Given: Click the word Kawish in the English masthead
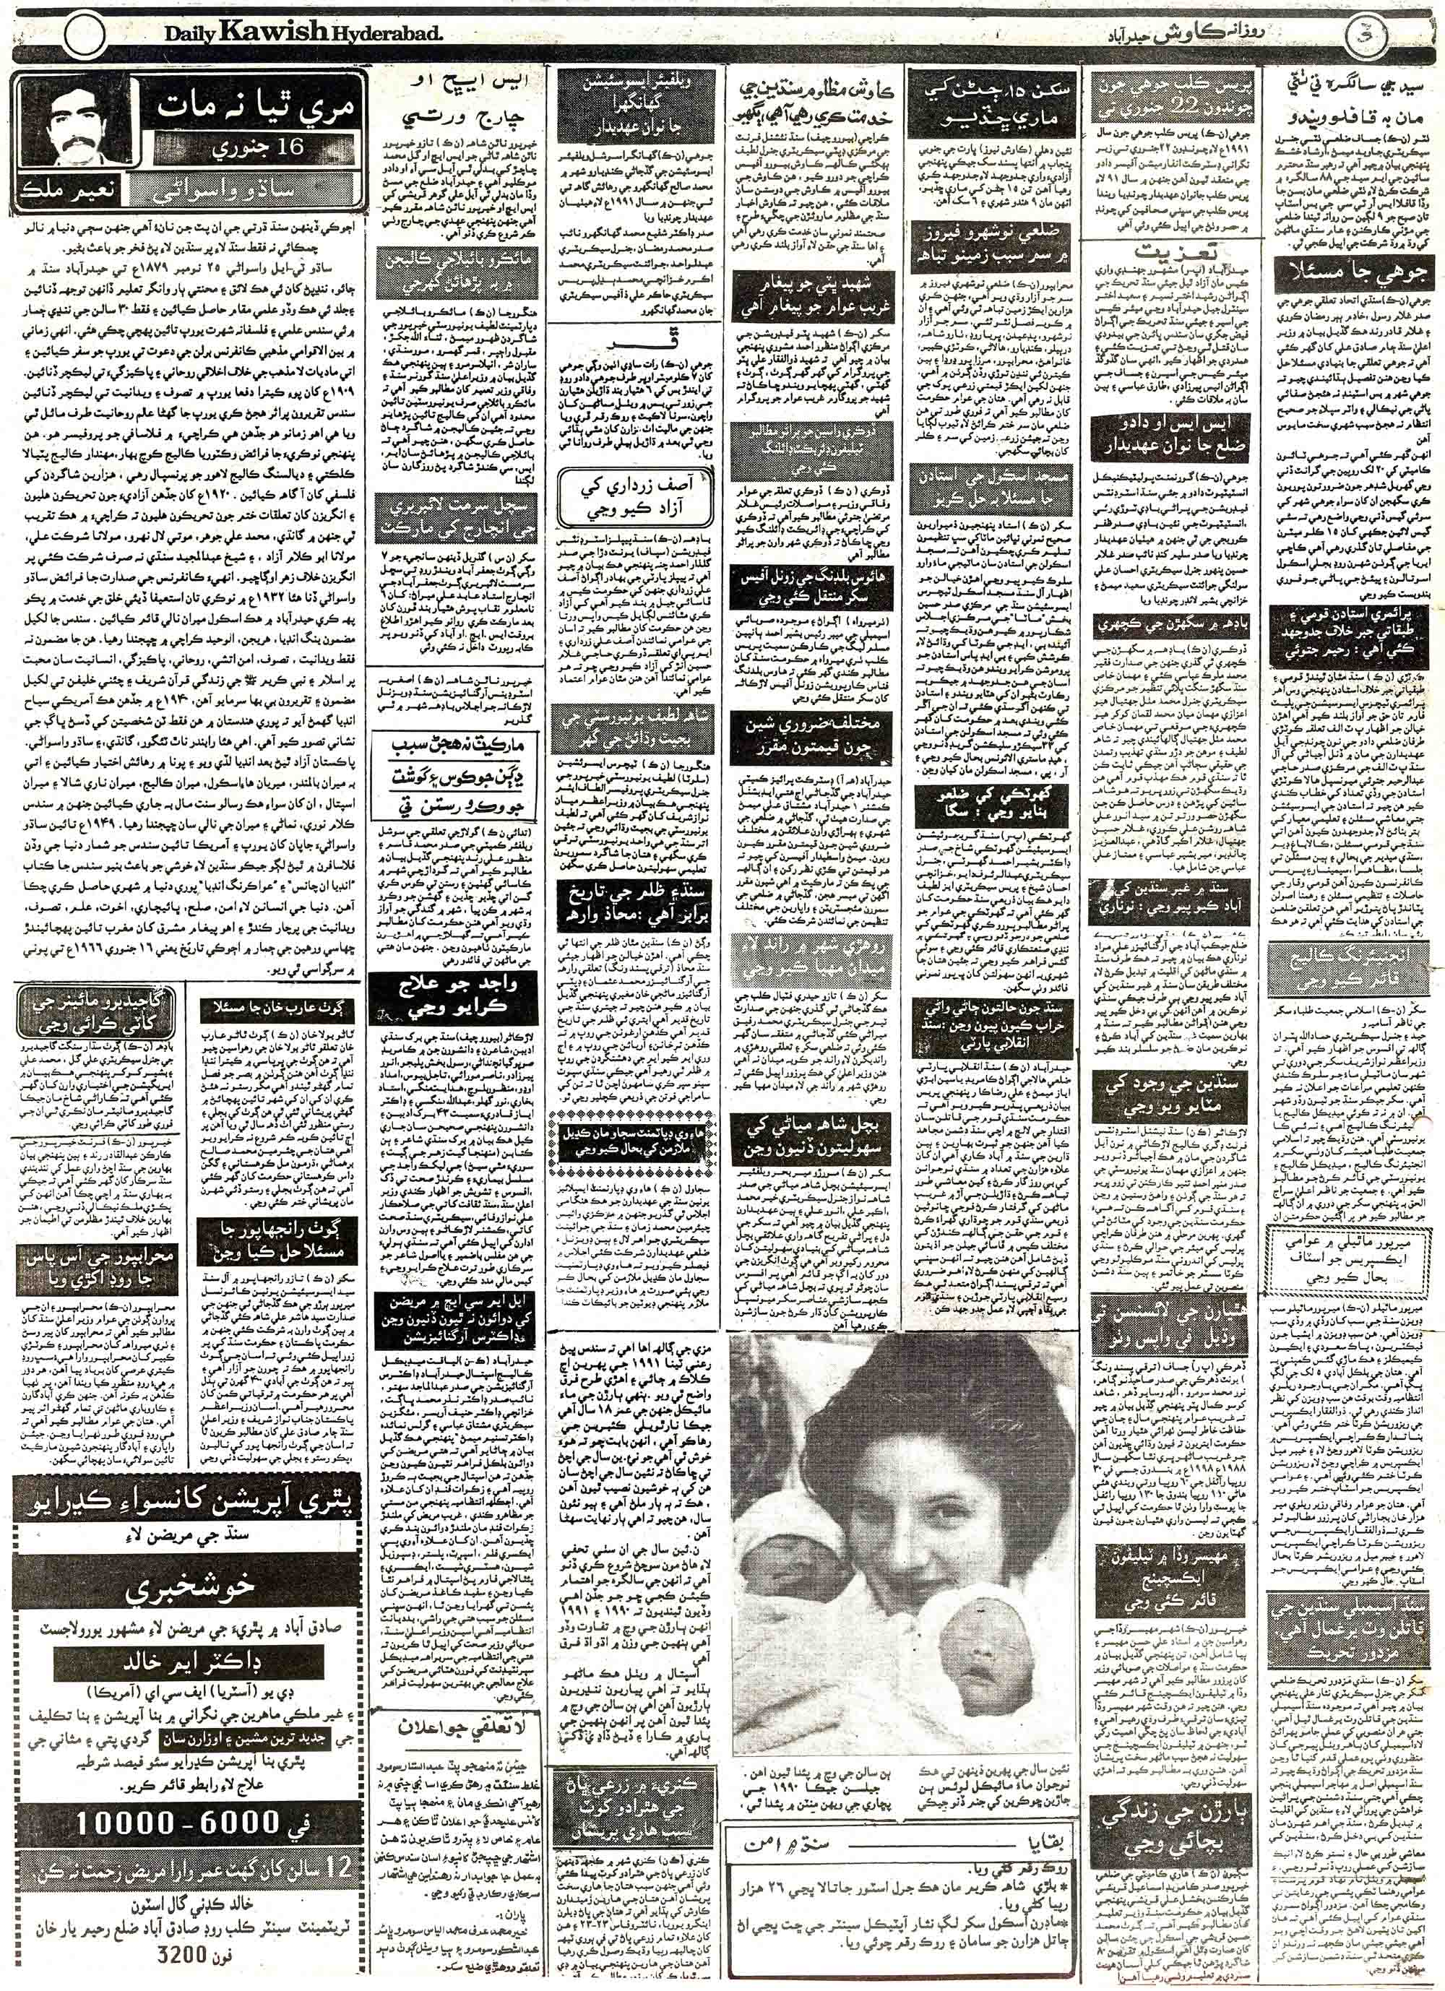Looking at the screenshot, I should (x=274, y=34).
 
